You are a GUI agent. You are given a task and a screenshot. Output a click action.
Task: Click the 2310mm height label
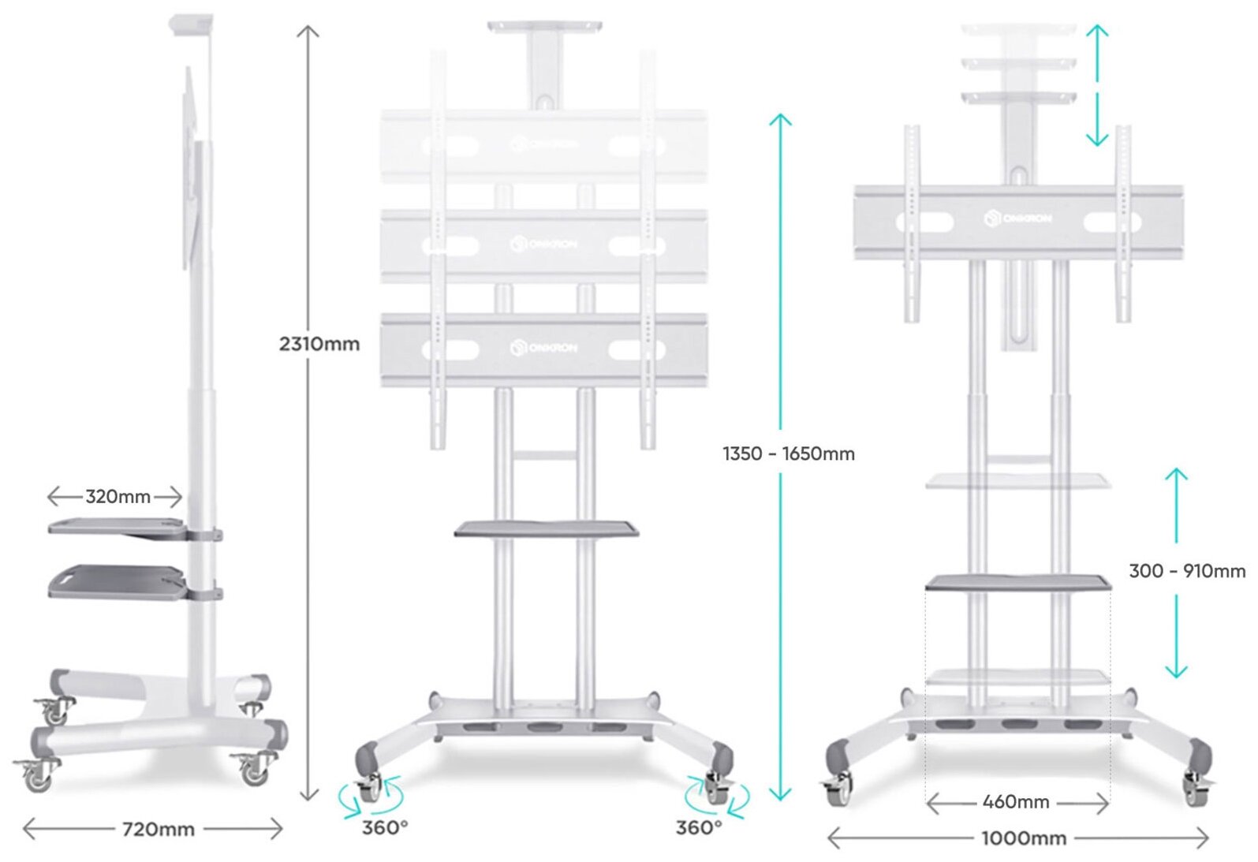319,344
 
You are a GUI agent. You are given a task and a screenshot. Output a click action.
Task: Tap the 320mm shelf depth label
118,497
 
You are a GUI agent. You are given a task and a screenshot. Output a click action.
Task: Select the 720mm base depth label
158,830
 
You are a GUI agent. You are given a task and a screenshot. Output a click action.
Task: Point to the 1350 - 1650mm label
788,453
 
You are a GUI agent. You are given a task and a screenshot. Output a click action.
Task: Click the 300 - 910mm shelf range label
1186,571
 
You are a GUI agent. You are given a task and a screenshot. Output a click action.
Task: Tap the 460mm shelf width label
1016,802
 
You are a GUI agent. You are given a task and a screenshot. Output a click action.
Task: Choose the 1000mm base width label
1023,838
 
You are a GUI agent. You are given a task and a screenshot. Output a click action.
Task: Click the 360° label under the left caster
385,827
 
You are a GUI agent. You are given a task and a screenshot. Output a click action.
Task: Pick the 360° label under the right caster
699,827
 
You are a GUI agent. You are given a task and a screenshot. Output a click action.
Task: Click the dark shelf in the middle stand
546,528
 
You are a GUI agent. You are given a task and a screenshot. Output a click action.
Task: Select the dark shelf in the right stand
1018,584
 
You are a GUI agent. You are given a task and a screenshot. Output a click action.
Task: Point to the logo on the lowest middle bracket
544,347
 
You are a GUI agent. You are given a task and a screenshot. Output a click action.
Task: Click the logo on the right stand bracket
1018,218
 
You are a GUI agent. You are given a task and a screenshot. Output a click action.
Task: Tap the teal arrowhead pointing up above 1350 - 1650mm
780,120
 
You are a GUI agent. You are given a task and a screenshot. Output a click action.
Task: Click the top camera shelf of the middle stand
544,28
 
